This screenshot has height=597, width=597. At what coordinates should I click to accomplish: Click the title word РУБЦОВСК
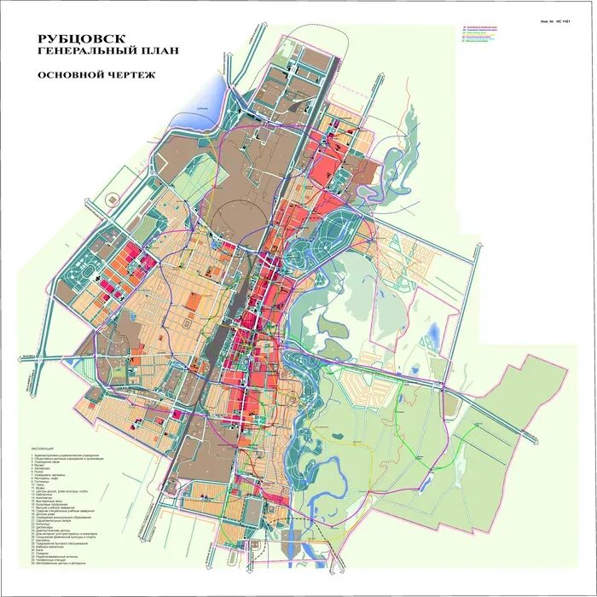tap(82, 39)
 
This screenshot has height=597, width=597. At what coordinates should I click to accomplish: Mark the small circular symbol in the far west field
tap(111, 197)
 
